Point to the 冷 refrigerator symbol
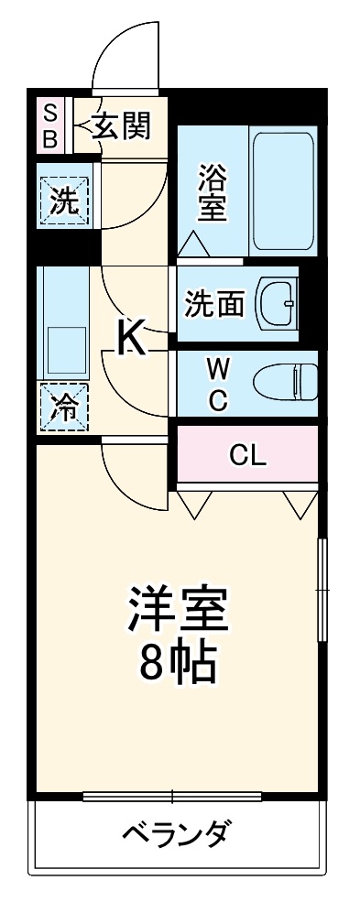click(64, 406)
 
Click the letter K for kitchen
click(132, 338)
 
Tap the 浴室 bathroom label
click(212, 192)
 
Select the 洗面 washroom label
click(214, 303)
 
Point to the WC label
click(218, 384)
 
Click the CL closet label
click(247, 454)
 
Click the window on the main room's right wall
click(321, 591)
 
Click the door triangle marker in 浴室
click(193, 243)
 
